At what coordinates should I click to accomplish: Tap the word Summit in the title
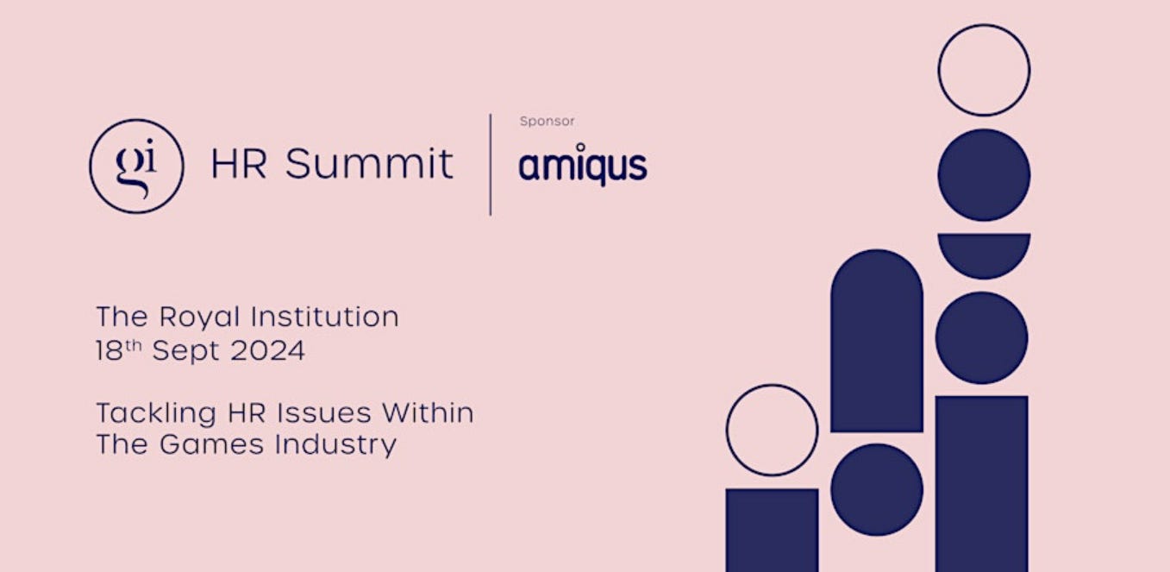tap(369, 164)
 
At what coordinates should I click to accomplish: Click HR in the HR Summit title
tap(239, 164)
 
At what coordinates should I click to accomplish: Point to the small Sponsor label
tap(547, 122)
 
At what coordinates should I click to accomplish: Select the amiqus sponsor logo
tap(582, 164)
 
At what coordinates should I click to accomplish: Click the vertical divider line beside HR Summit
tap(490, 164)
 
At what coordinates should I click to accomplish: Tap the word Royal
tap(199, 317)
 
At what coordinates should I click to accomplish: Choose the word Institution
tap(325, 317)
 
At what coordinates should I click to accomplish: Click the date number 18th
tap(119, 349)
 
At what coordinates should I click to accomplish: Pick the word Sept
tap(186, 351)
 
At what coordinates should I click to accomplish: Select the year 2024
tap(267, 350)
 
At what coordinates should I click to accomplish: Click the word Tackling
tap(156, 413)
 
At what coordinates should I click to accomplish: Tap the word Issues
tap(324, 412)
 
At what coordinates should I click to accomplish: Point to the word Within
tap(428, 412)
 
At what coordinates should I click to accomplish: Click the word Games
tap(211, 444)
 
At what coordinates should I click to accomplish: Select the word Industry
tap(336, 445)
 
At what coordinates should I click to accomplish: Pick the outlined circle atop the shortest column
tap(772, 387)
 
